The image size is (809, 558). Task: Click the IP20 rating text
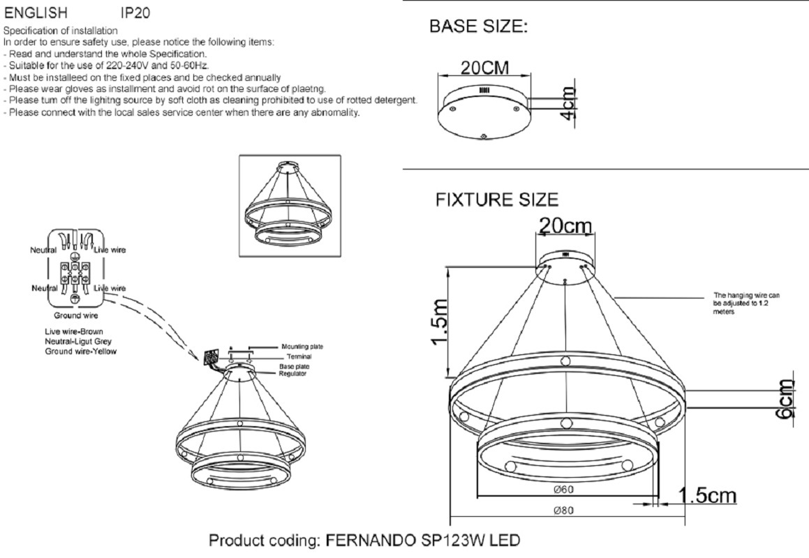[135, 13]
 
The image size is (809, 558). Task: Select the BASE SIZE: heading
[479, 27]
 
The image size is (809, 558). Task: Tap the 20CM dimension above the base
[484, 68]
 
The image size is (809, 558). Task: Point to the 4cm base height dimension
[567, 103]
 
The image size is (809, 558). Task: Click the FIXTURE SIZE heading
[497, 199]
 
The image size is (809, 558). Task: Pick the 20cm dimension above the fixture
[565, 225]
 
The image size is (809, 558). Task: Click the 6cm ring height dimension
[786, 400]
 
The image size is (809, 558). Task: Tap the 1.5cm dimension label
[707, 496]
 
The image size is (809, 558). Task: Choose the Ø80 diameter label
[563, 511]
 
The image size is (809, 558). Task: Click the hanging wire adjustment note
[747, 303]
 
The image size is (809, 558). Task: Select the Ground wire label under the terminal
[76, 315]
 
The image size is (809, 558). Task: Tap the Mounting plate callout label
[302, 347]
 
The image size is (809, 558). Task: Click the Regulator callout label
[292, 373]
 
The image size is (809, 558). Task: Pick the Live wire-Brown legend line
[74, 331]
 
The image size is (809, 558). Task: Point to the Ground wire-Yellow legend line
[80, 352]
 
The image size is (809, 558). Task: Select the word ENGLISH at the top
[36, 13]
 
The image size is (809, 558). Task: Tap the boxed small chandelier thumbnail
[290, 205]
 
